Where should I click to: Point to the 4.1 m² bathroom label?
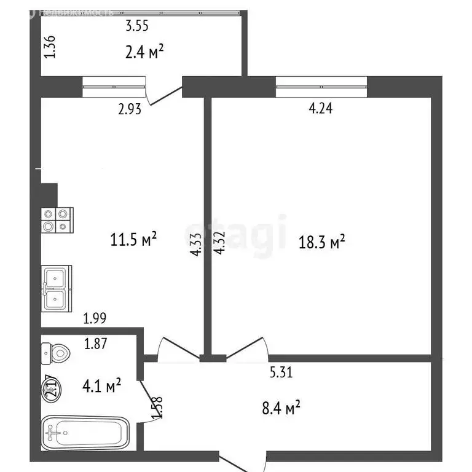[101, 386]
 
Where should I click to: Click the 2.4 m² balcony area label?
[144, 52]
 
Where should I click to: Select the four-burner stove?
[57, 221]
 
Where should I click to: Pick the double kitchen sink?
[57, 288]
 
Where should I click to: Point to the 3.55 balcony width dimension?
[138, 26]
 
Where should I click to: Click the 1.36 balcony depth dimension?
[51, 47]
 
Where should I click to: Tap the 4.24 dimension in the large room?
[321, 109]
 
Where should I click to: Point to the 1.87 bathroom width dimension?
[96, 344]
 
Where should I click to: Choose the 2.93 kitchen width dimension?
[130, 110]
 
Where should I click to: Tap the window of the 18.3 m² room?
[321, 87]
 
